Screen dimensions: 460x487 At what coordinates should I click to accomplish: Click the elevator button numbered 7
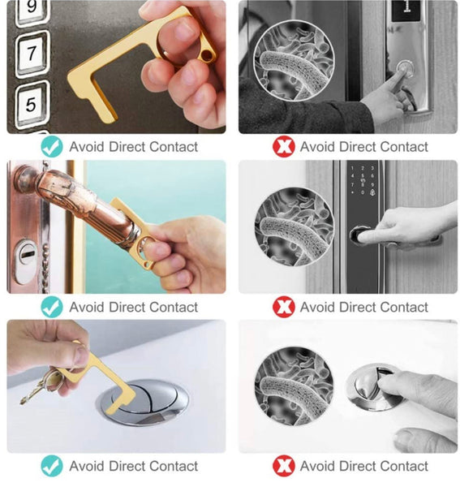coord(32,54)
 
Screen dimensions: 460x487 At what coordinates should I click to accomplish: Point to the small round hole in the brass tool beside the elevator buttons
coord(207,55)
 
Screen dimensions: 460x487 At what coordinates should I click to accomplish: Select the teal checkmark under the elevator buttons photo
coord(52,147)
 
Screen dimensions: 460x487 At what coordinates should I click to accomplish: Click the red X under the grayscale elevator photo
coord(284,147)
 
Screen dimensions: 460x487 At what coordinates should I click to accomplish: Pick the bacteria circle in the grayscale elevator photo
coord(294,61)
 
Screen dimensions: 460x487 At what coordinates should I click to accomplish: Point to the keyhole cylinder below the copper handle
coord(25,261)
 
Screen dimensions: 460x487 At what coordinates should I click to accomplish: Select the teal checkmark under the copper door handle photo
coord(52,307)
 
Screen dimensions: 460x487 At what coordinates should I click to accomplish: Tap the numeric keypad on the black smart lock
coord(363,180)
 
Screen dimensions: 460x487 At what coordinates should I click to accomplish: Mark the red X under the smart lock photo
coord(284,307)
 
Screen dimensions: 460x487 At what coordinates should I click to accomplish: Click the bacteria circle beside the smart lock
coord(294,226)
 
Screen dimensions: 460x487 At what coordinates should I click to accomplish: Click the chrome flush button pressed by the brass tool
coord(144,402)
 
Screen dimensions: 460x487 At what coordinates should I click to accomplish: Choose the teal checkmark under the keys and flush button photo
coord(52,466)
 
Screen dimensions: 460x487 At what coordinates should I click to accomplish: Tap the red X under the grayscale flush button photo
coord(284,466)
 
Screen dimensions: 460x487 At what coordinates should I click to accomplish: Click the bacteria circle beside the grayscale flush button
coord(294,386)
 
